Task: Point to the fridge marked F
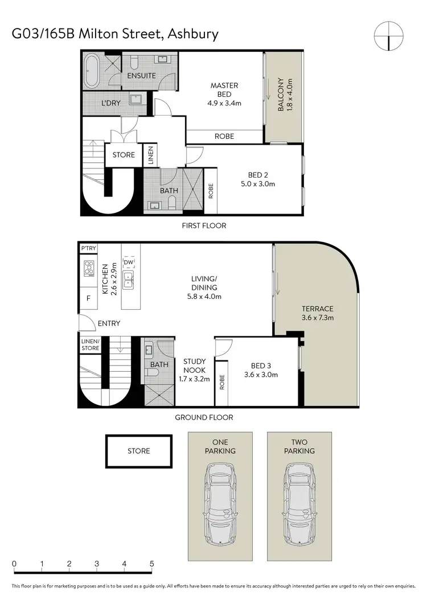click(x=88, y=297)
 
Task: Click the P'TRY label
click(x=88, y=249)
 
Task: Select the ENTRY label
click(x=109, y=323)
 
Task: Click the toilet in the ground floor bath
click(x=151, y=372)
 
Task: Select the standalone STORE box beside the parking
click(x=138, y=451)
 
